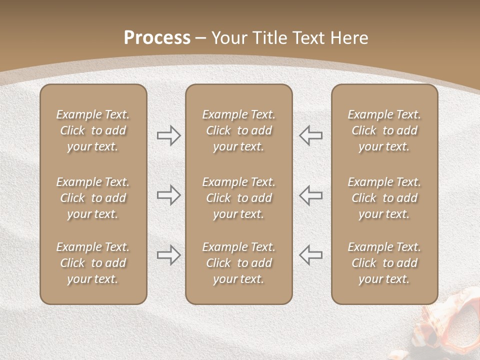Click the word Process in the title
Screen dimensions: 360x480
(157, 38)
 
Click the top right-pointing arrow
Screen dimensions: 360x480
(168, 135)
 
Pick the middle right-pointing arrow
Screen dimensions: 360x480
(168, 195)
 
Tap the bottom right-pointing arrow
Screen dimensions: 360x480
(168, 255)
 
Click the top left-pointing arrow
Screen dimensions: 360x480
(311, 135)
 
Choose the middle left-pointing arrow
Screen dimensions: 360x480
(311, 195)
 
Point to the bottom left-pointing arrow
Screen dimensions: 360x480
(311, 255)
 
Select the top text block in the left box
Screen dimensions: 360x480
(93, 130)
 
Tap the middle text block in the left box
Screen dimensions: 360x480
(93, 198)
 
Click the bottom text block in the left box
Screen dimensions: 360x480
(93, 263)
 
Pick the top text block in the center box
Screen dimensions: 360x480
(239, 130)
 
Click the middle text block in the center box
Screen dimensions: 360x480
(239, 198)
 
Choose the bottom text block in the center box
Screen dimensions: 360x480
(239, 263)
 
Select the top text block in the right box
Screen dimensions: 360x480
(384, 130)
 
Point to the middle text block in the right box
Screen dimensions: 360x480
(384, 198)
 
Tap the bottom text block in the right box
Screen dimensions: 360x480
(384, 263)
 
